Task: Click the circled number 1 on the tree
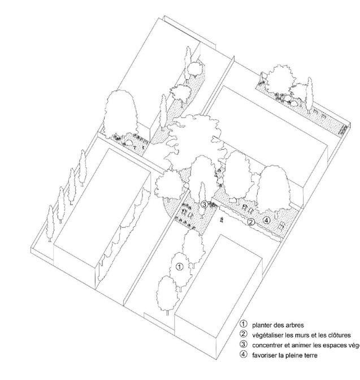coord(179,266)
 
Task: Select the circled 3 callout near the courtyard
coord(203,204)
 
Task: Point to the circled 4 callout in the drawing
coord(267,219)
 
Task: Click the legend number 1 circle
coord(244,325)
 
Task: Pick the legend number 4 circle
coord(244,354)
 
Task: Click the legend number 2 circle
coord(244,335)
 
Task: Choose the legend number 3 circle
coord(244,344)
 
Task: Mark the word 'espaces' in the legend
coord(333,344)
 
